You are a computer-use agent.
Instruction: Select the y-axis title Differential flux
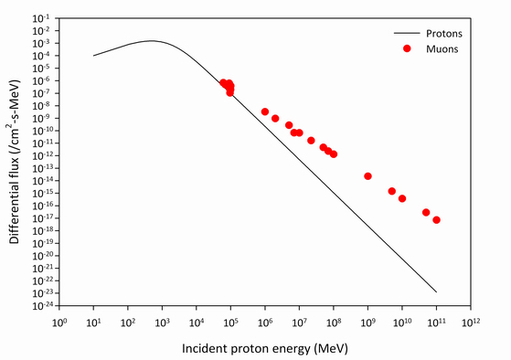click(x=16, y=161)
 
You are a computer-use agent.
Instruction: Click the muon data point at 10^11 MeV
click(x=436, y=220)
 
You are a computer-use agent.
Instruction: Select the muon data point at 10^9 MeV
click(x=367, y=176)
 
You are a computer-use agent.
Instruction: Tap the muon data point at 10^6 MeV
click(x=265, y=111)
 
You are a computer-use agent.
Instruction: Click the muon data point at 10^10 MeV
click(x=402, y=198)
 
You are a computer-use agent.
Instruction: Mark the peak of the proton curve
click(x=151, y=40)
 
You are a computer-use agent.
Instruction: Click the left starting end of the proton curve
click(x=94, y=56)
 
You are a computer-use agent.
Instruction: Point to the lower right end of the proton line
click(x=436, y=292)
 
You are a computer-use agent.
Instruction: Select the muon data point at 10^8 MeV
click(x=334, y=154)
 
